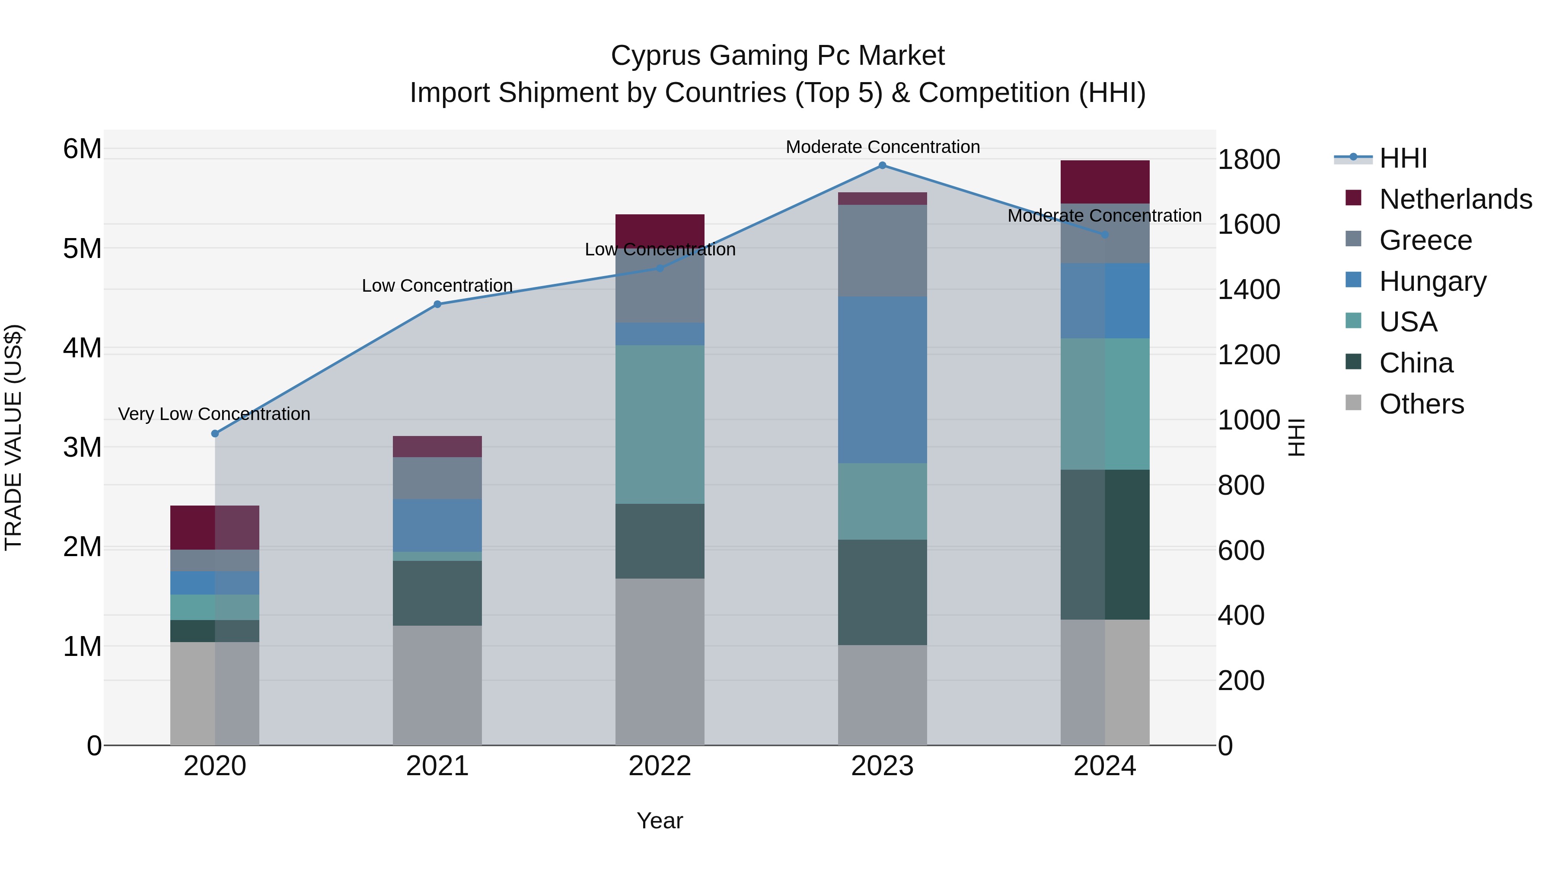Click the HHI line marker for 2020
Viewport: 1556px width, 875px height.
[215, 433]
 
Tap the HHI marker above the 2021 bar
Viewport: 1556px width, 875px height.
[437, 304]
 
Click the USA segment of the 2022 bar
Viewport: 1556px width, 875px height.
[660, 424]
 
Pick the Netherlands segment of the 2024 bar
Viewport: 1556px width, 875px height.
[1105, 182]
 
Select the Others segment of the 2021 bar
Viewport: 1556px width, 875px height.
[437, 685]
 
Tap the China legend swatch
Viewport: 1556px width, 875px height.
[1354, 363]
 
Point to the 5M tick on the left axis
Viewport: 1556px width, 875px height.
[82, 248]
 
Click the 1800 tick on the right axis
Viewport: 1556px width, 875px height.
[1248, 159]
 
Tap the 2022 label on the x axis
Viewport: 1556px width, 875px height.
[660, 766]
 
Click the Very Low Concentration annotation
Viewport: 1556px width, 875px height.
[214, 414]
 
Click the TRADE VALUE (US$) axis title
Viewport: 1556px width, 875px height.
[13, 437]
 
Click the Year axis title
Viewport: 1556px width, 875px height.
[660, 821]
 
